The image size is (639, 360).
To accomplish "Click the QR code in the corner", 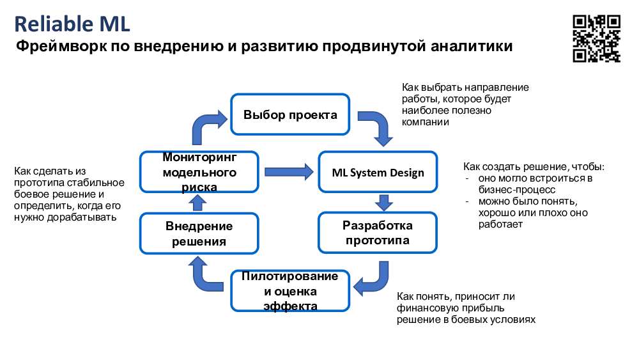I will pyautogui.click(x=596, y=38).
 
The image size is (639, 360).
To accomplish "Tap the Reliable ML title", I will pyautogui.click(x=72, y=24).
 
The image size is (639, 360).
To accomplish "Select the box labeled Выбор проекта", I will pyautogui.click(x=290, y=114).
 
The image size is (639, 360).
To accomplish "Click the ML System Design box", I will pyautogui.click(x=378, y=173).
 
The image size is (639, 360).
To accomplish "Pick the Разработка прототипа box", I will pyautogui.click(x=378, y=233).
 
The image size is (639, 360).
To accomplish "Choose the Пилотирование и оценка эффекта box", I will pyautogui.click(x=290, y=292).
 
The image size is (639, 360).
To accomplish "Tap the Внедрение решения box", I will pyautogui.click(x=199, y=233).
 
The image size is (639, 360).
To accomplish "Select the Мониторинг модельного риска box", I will pyautogui.click(x=199, y=172).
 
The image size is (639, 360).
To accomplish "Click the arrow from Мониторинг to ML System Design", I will pyautogui.click(x=288, y=171).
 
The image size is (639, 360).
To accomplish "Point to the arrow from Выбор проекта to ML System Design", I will pyautogui.click(x=378, y=128).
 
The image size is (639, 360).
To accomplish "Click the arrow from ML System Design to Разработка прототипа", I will pyautogui.click(x=383, y=203).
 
